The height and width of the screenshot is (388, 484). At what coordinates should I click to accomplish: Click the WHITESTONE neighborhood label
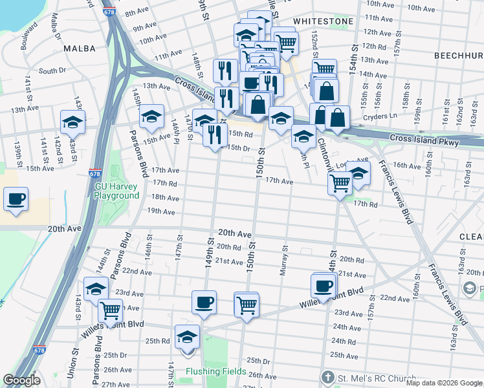[x=323, y=21]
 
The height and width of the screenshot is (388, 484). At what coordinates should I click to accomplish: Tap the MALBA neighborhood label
[x=79, y=48]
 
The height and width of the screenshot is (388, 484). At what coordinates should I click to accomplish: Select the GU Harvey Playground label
[x=117, y=191]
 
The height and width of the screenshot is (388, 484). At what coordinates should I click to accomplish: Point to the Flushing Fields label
[x=215, y=371]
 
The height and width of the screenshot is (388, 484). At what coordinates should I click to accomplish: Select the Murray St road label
[x=283, y=260]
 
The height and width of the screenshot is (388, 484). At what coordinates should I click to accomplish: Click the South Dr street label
[x=52, y=71]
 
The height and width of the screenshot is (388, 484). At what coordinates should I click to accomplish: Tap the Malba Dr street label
[x=50, y=32]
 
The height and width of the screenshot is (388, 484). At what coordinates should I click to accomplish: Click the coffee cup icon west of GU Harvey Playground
[x=16, y=199]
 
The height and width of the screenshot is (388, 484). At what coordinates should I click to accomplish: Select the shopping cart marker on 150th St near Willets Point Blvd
[x=247, y=304]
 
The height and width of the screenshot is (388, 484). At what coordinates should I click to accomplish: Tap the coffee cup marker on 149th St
[x=204, y=303]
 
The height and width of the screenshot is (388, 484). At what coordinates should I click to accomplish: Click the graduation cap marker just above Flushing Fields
[x=188, y=337]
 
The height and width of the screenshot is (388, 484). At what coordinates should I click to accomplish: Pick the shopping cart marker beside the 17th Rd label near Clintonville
[x=340, y=184]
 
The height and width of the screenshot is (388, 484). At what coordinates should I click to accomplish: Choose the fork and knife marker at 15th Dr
[x=215, y=135]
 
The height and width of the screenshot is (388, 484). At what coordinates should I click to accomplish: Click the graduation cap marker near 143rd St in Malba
[x=73, y=121]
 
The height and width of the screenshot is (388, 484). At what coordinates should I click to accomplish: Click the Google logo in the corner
[x=21, y=381]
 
